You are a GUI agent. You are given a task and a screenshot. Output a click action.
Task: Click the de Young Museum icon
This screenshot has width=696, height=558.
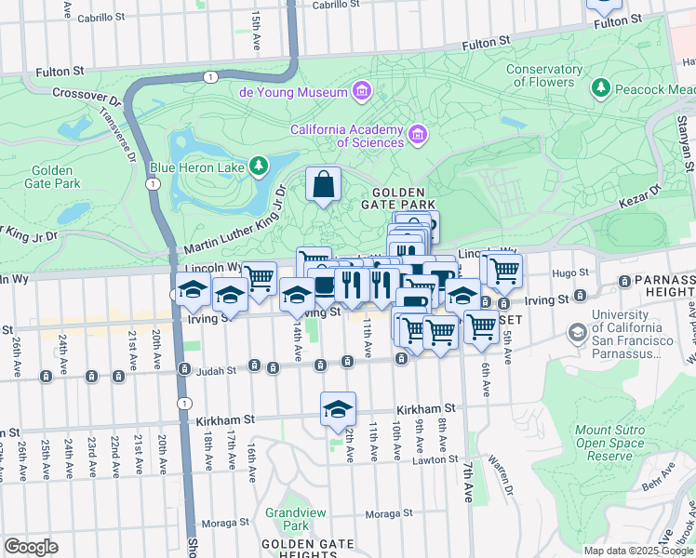coord(361,91)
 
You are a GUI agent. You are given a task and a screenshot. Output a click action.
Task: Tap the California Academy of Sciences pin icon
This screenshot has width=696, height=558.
coord(418,136)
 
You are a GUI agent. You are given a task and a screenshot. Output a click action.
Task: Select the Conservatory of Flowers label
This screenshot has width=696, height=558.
coord(544,75)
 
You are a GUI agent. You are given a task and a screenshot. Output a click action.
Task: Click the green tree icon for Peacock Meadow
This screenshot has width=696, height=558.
coord(601,88)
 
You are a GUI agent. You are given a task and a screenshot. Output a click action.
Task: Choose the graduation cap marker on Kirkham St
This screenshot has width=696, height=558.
coord(339,410)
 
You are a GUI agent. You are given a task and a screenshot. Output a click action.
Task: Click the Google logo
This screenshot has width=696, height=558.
coord(31,547)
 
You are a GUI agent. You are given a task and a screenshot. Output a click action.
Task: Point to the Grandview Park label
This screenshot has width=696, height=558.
coord(287,519)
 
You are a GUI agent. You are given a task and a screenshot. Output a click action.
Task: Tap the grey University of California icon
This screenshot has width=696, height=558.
coord(577,332)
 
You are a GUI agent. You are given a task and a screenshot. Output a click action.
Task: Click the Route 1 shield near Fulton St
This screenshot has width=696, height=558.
coord(212,76)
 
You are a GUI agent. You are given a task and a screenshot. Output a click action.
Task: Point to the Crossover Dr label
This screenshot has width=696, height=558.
coord(87,94)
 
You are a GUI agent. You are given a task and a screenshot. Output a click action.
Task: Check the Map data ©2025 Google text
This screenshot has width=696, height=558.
coord(637,551)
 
